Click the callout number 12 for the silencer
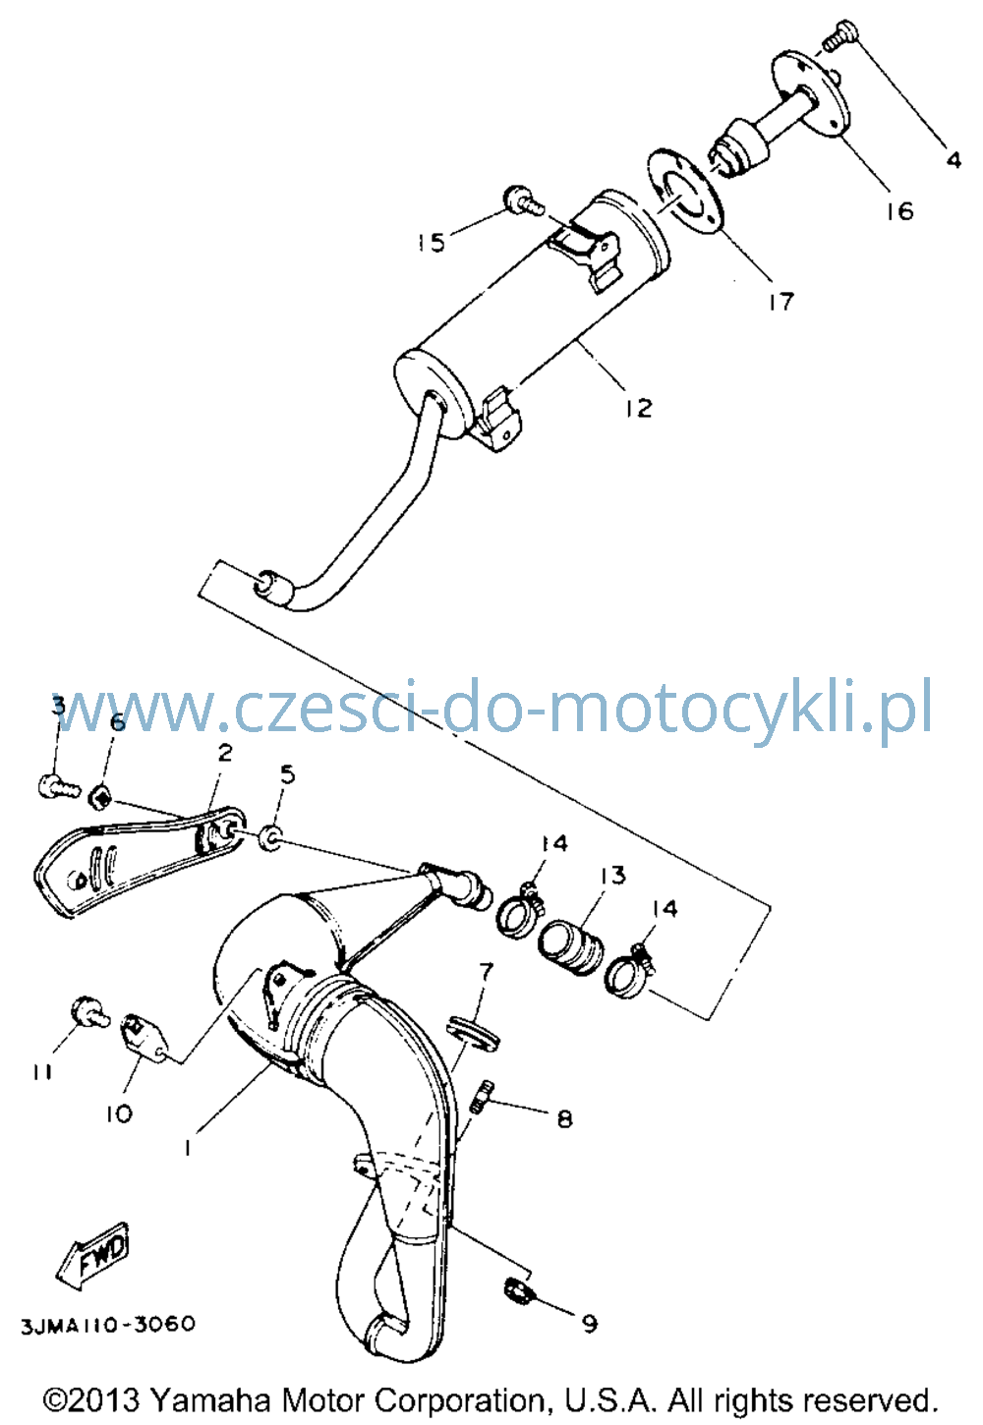638,408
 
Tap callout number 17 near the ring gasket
781,302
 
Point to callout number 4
954,159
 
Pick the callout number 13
612,876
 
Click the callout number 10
119,1112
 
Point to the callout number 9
590,1324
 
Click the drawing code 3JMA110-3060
109,1325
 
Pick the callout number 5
288,774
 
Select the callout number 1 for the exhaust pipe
187,1148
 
